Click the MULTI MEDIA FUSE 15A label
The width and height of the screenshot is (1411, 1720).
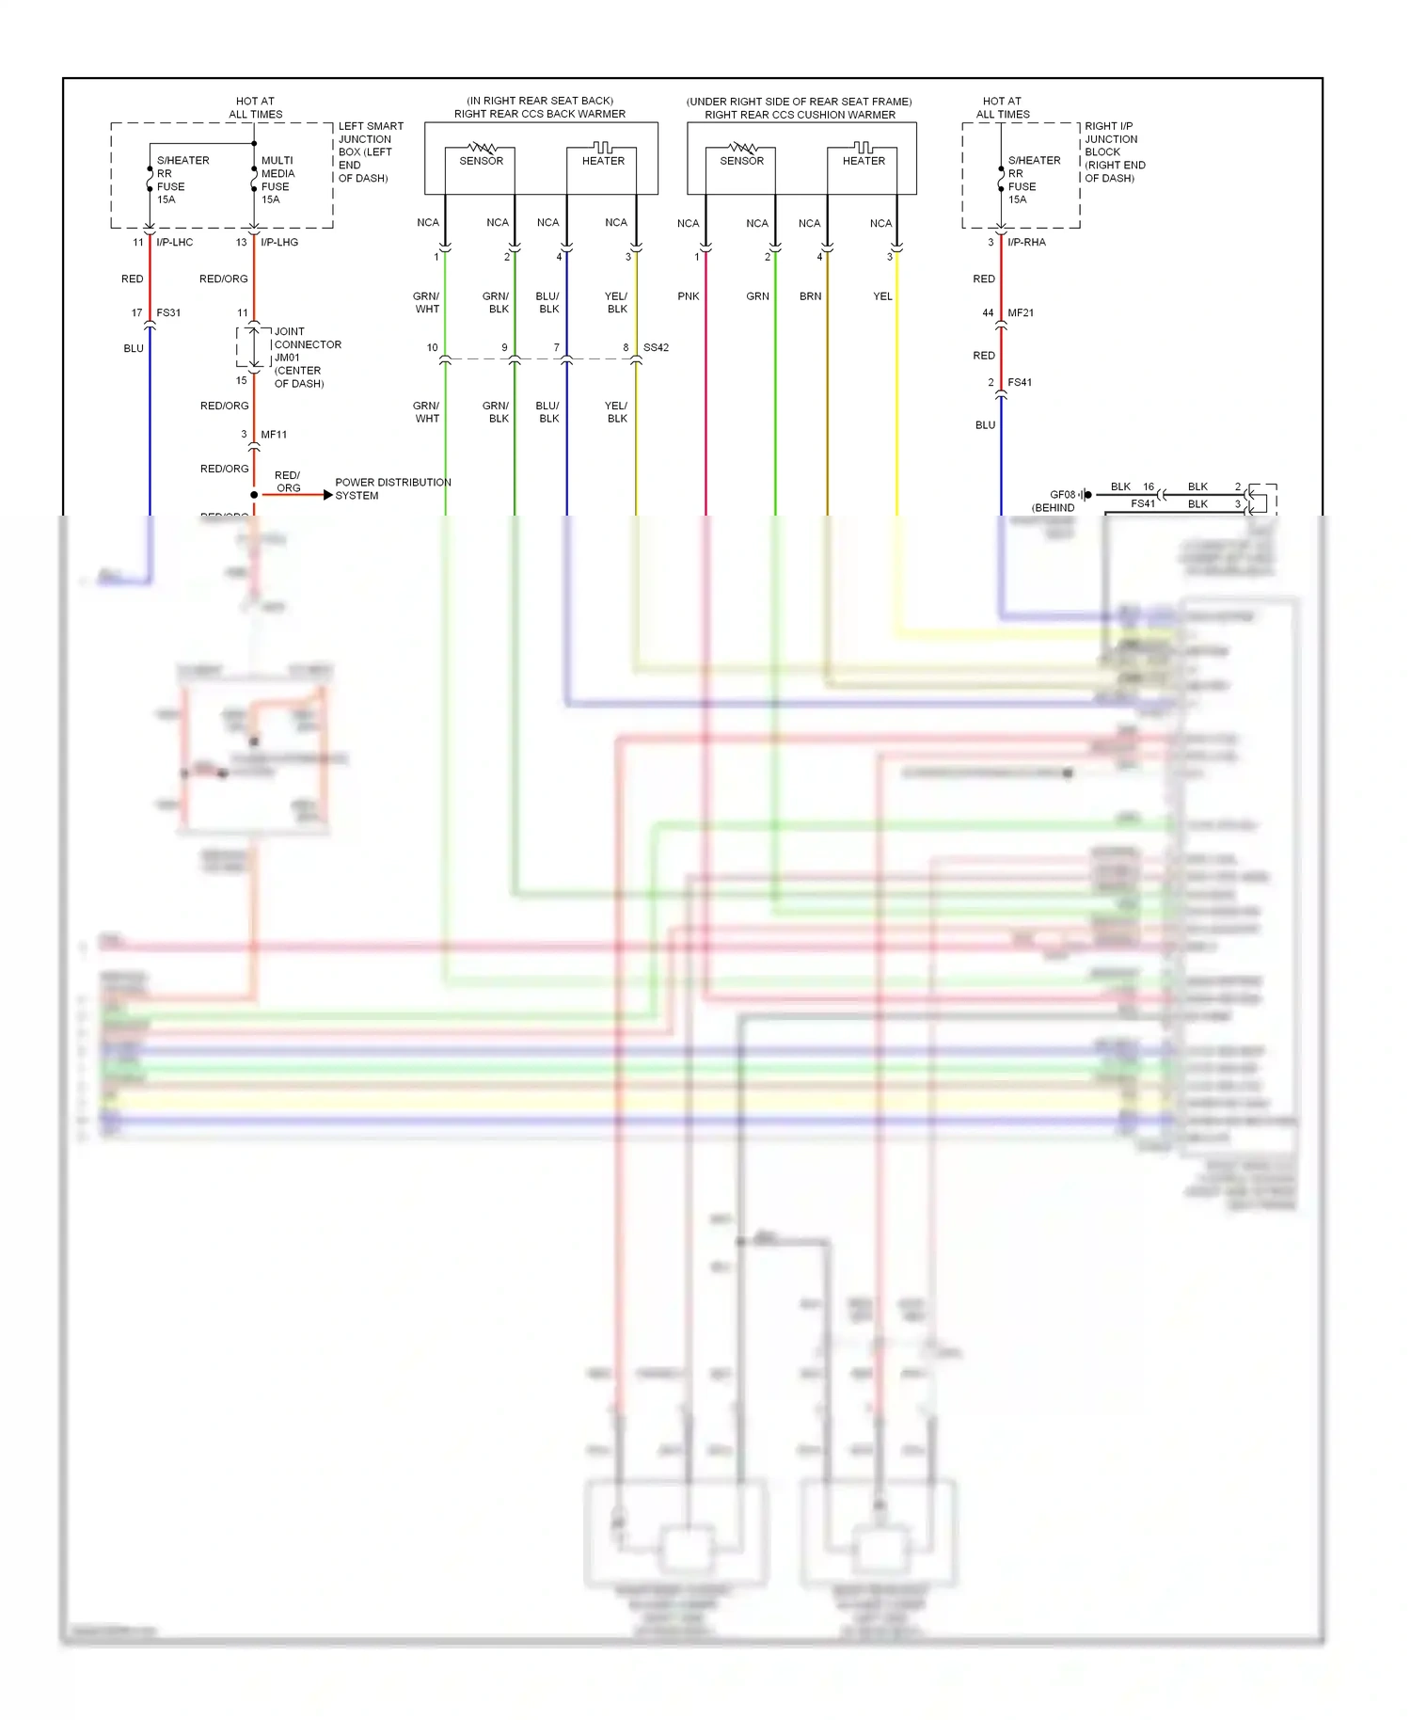(277, 180)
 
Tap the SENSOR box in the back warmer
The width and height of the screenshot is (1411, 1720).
(481, 161)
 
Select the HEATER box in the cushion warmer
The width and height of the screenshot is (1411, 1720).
(864, 161)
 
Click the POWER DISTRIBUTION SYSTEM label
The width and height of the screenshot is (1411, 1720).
(392, 488)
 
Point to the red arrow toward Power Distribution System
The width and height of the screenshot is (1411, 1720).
(326, 495)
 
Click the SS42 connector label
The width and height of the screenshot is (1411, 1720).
(656, 347)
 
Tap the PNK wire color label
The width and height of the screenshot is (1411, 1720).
(689, 296)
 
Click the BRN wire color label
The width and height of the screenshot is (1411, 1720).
(810, 296)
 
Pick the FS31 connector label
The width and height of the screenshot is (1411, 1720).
(168, 312)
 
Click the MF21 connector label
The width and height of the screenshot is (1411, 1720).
(1021, 312)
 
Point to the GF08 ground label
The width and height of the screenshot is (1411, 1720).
(1062, 494)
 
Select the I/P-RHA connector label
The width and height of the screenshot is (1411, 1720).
(1026, 242)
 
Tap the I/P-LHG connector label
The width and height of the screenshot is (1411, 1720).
(279, 242)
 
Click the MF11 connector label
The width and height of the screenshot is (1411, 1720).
(274, 435)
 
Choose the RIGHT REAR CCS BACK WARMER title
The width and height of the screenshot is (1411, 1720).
(540, 114)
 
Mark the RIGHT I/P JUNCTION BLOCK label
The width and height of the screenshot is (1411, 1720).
(1115, 151)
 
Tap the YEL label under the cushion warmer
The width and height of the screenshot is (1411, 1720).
(882, 296)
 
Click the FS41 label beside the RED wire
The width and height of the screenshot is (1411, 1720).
(1020, 382)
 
